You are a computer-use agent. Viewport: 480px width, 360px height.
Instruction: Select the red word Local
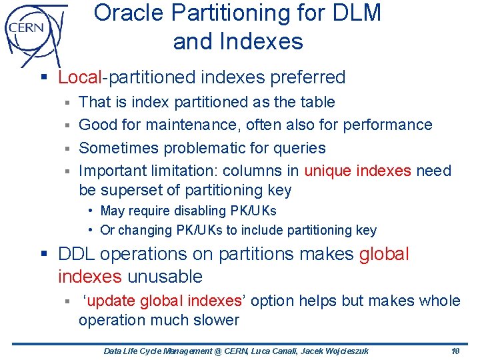(x=79, y=77)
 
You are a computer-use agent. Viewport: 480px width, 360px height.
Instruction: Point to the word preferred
(x=308, y=77)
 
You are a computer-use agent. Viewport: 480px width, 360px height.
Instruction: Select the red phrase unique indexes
(x=357, y=171)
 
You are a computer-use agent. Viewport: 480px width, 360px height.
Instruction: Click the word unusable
(x=165, y=276)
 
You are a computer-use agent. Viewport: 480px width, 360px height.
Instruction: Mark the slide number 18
(x=456, y=351)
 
